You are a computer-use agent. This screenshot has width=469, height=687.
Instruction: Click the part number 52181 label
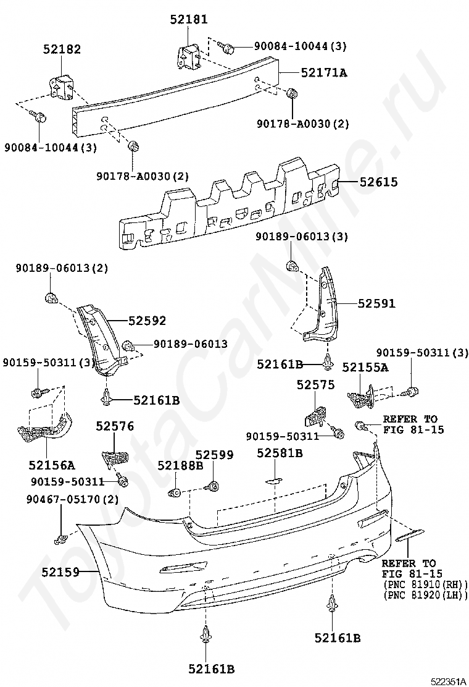(x=189, y=19)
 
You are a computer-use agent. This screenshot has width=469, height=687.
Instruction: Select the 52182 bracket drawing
(x=60, y=86)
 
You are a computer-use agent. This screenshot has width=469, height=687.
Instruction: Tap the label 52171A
(x=324, y=73)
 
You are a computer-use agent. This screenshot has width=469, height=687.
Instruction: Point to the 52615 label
(x=379, y=182)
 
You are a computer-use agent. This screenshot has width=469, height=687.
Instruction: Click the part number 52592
(x=147, y=321)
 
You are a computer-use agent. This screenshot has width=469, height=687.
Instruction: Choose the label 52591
(x=376, y=303)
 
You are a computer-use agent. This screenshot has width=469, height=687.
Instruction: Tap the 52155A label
(x=365, y=367)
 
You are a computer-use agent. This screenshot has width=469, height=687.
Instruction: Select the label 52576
(x=115, y=426)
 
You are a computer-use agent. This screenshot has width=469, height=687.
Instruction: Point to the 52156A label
(x=52, y=465)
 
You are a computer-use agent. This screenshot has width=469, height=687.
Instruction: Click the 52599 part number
(x=214, y=455)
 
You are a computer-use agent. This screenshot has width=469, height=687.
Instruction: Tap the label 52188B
(x=181, y=466)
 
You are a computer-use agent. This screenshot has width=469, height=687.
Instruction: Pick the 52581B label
(x=280, y=453)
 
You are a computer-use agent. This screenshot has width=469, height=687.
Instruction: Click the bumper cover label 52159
(x=61, y=572)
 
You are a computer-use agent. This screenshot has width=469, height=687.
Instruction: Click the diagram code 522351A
(x=448, y=681)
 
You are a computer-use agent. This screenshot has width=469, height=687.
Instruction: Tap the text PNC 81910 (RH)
(x=425, y=585)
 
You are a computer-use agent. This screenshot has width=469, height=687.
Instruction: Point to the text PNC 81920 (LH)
(x=425, y=596)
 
